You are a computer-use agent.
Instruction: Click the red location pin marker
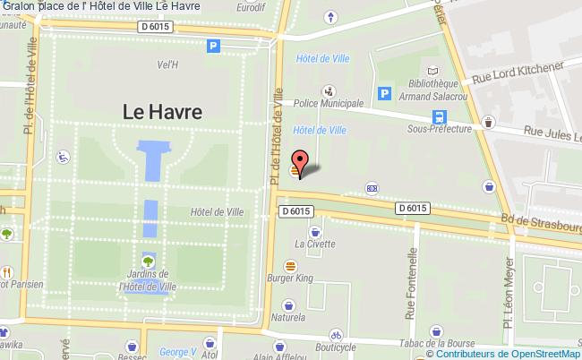point(301,162)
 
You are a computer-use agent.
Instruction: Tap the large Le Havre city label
point(162,112)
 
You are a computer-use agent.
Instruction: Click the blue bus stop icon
point(439,116)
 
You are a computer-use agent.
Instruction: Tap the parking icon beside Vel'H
point(213,47)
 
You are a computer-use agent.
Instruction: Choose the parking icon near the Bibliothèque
point(385,92)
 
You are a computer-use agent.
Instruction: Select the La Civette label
point(315,243)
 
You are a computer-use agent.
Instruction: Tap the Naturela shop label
point(288,317)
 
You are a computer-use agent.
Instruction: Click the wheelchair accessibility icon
point(64,157)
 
